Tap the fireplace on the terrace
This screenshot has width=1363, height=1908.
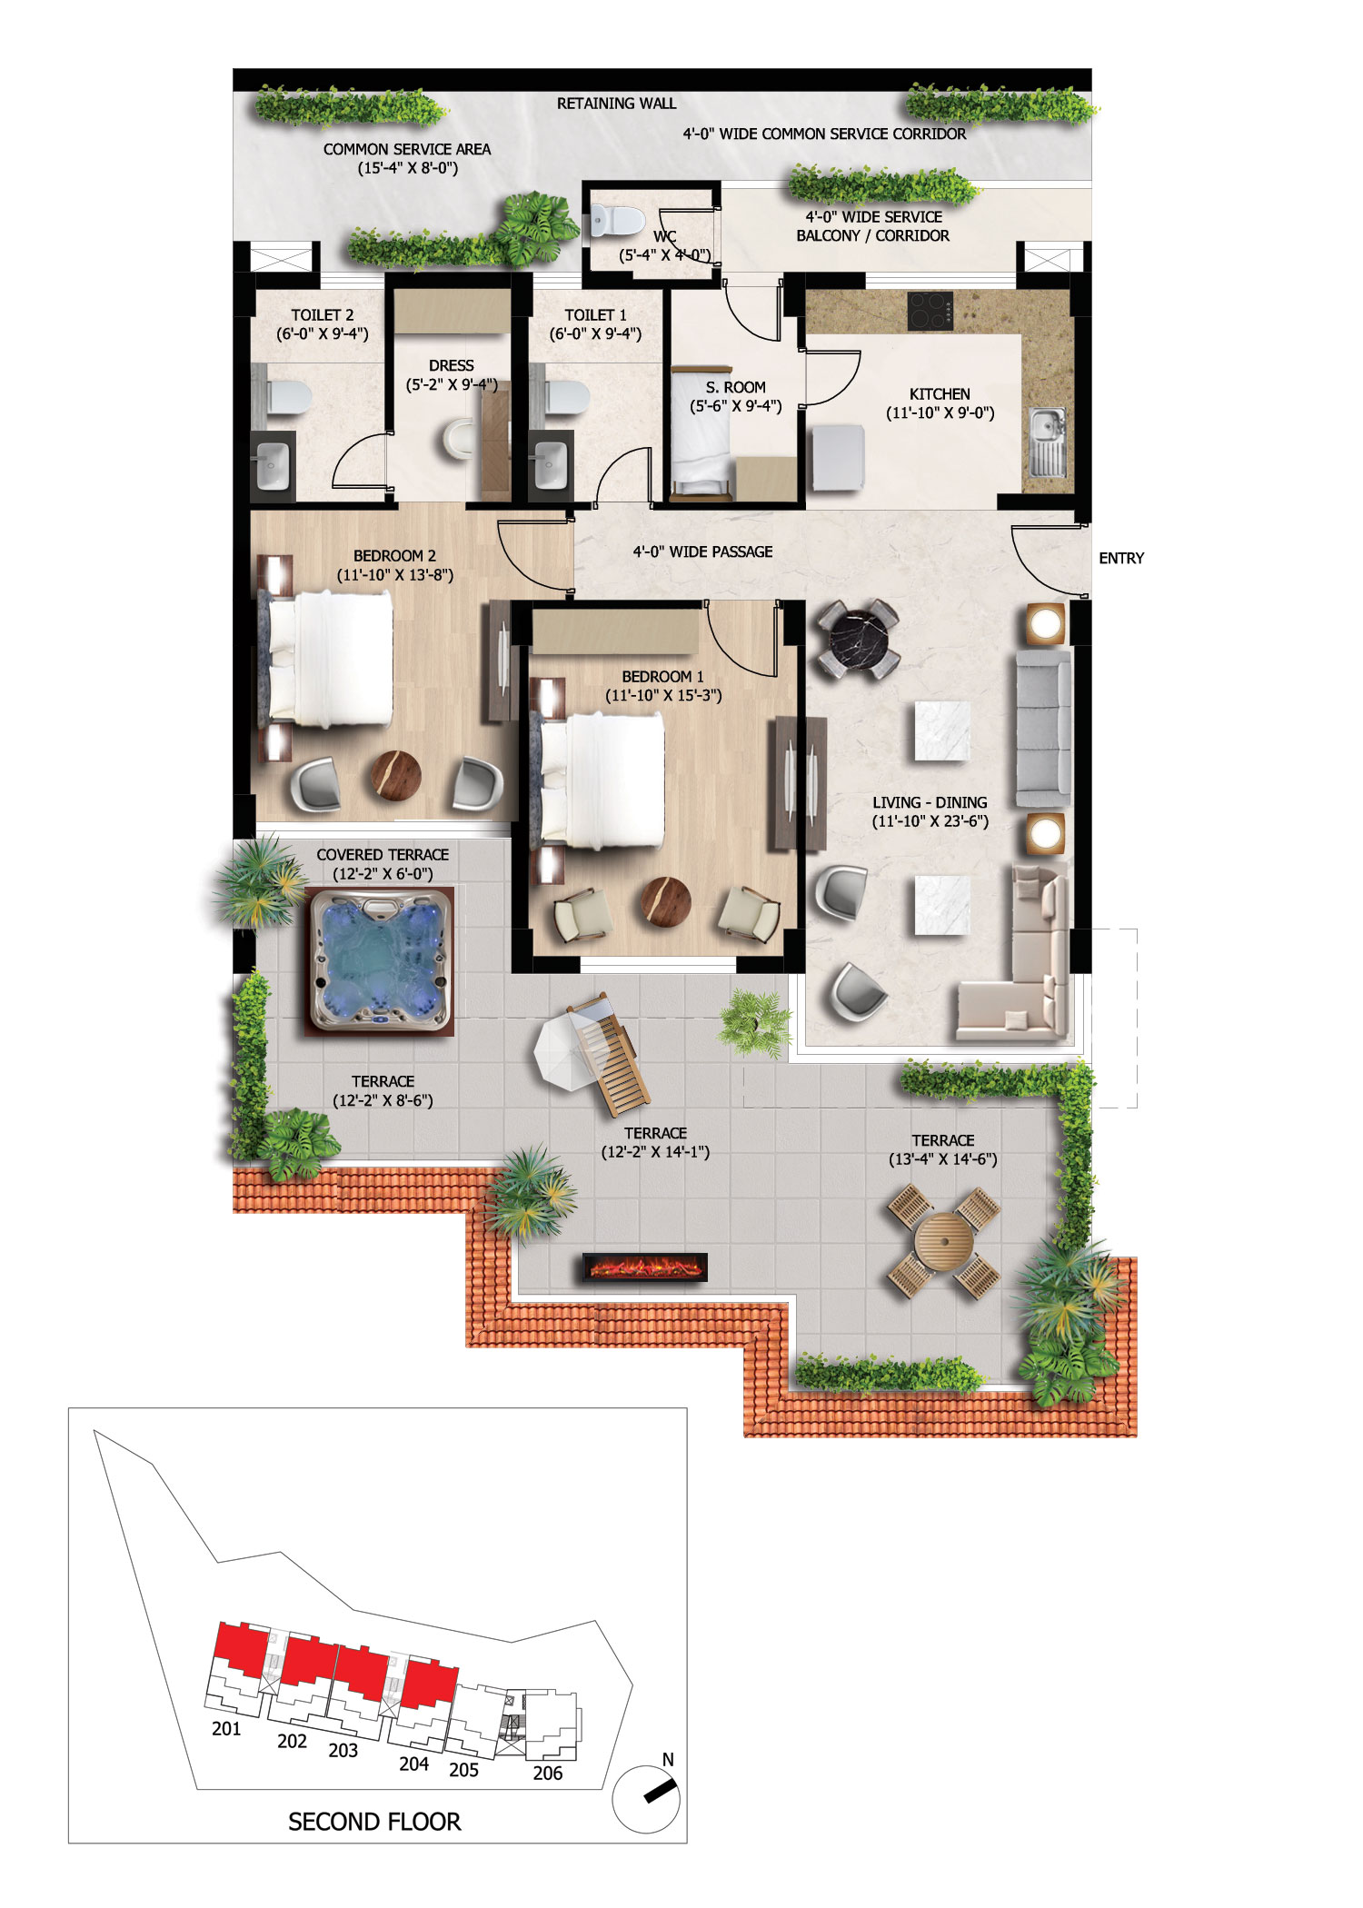pos(644,1267)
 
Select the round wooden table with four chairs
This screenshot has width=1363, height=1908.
pos(943,1242)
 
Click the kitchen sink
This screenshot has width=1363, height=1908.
pos(1048,442)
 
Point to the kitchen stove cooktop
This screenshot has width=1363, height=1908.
pos(930,311)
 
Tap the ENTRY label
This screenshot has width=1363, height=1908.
pos(1121,558)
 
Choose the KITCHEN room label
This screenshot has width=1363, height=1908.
pos(940,394)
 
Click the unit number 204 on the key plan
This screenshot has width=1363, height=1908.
pos(413,1764)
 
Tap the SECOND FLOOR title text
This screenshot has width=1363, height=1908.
pos(374,1822)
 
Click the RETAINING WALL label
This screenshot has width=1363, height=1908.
pos(616,104)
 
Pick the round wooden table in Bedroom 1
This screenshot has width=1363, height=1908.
pos(666,901)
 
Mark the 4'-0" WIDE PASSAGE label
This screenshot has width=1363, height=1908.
pos(702,552)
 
